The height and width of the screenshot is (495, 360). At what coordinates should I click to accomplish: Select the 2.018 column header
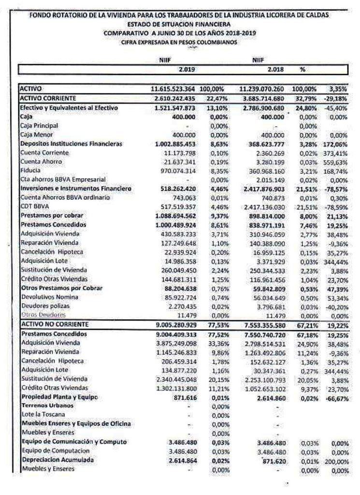point(274,69)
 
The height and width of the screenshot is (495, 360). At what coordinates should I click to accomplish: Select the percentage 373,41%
point(337,153)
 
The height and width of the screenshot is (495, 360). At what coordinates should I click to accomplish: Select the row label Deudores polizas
point(45,306)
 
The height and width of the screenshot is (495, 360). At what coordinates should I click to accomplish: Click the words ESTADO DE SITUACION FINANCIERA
point(179,24)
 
